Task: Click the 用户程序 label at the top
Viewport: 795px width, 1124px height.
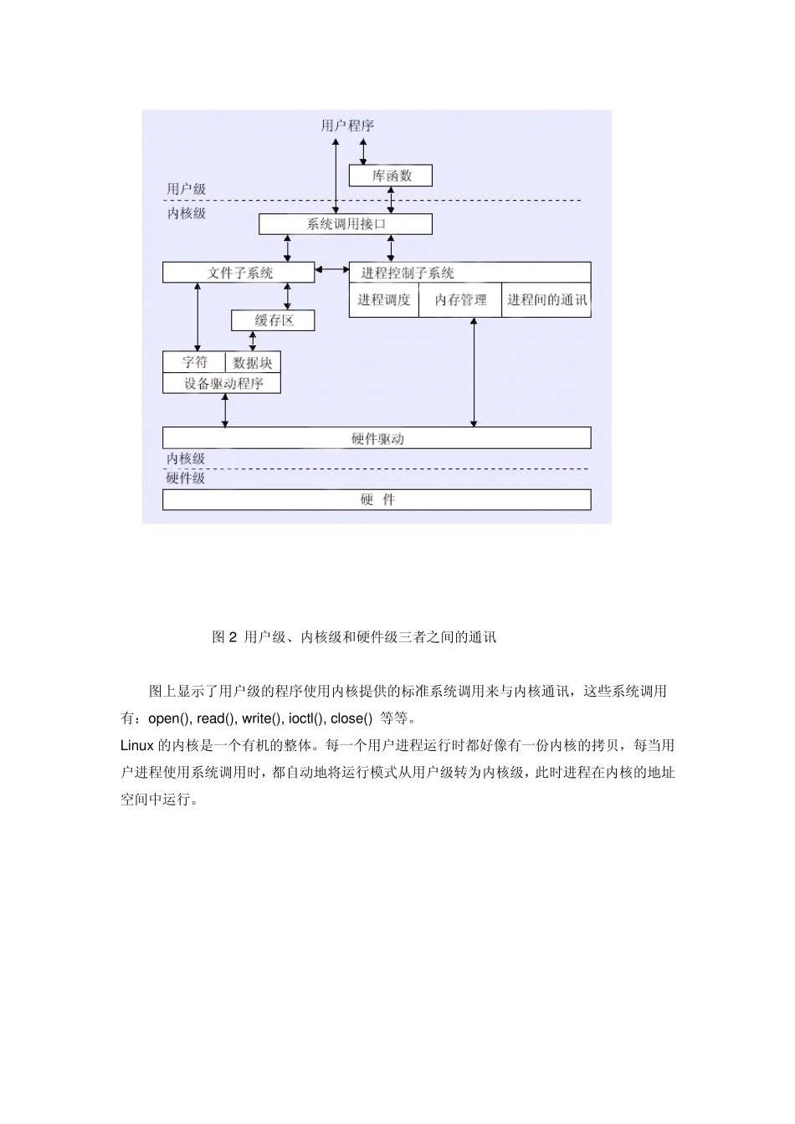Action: (x=347, y=126)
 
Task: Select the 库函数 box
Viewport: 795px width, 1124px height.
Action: (x=391, y=176)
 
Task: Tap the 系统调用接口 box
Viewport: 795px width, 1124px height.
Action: (x=346, y=224)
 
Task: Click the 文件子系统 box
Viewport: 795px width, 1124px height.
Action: (x=239, y=273)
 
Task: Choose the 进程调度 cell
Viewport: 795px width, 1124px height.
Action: (x=384, y=300)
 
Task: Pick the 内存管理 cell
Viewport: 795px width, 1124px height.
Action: (x=460, y=300)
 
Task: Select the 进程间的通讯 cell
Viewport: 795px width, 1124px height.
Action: (x=546, y=300)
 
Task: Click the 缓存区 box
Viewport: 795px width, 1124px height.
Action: (x=274, y=320)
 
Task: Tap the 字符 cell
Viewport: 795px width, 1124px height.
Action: (x=195, y=362)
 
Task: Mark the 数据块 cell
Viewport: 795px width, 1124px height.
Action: (x=253, y=362)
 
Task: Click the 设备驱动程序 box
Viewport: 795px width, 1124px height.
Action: (x=223, y=383)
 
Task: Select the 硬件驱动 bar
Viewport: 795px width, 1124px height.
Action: (x=377, y=438)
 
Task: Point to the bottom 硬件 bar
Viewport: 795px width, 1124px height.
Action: (x=377, y=499)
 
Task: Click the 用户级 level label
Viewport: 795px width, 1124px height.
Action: (x=186, y=189)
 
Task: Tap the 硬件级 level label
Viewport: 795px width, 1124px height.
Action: (x=185, y=478)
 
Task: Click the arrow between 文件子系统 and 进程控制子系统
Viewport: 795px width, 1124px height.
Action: (x=332, y=269)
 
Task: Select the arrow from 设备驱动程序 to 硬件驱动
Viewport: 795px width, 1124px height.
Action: (x=224, y=410)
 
